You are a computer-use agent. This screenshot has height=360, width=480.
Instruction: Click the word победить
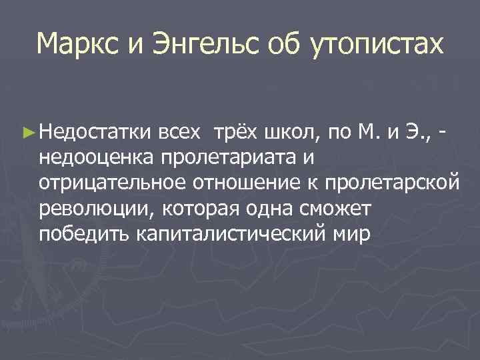click(84, 234)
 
